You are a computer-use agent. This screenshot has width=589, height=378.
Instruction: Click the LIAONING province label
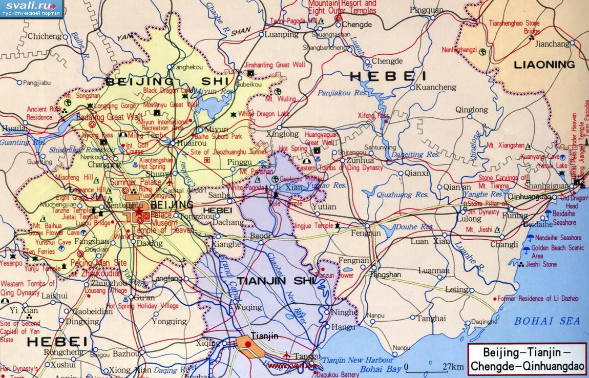544,65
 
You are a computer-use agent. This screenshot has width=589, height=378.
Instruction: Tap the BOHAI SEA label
547,321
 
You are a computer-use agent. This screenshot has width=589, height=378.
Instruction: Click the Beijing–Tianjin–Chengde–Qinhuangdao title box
527,360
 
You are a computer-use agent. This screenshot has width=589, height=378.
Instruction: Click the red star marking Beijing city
138,212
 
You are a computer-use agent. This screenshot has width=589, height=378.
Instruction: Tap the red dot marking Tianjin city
248,345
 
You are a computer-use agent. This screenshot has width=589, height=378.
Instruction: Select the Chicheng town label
44,36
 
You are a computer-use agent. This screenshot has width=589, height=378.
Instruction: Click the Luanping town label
282,35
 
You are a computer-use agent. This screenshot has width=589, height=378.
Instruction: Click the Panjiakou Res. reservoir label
342,93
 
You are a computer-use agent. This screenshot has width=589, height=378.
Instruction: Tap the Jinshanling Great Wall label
275,65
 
